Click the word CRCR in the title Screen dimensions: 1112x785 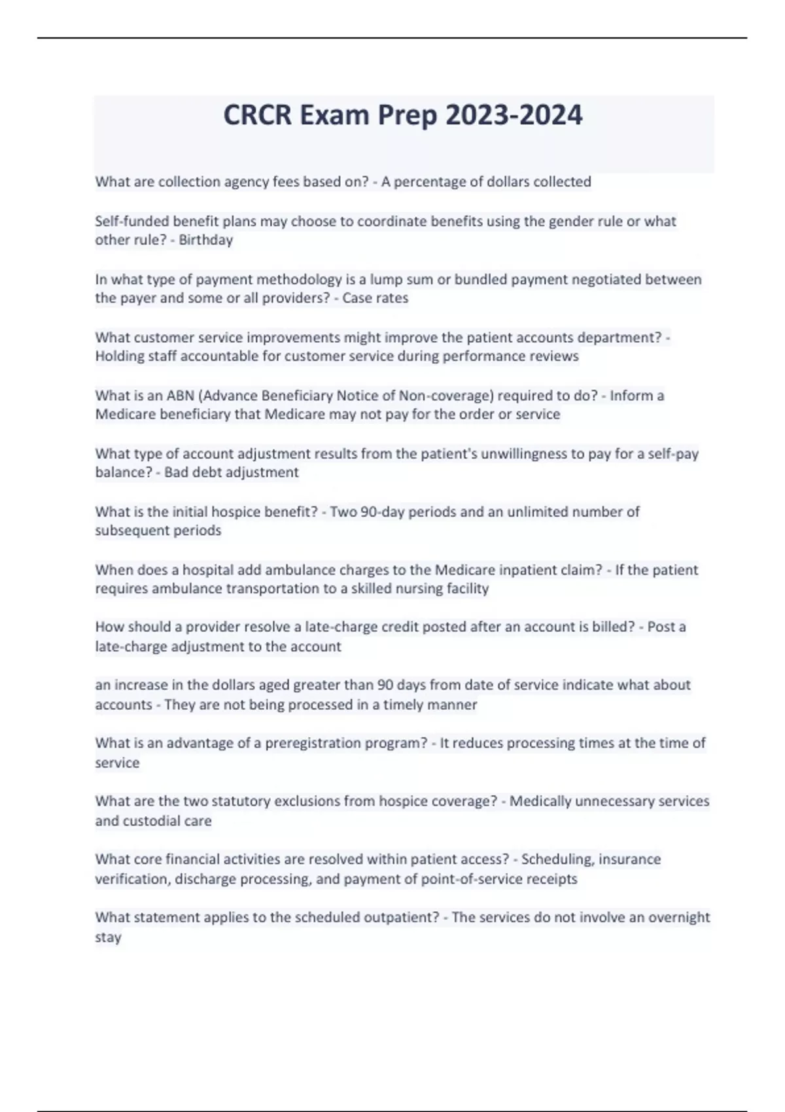click(258, 116)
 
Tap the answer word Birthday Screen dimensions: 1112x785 click(206, 240)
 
